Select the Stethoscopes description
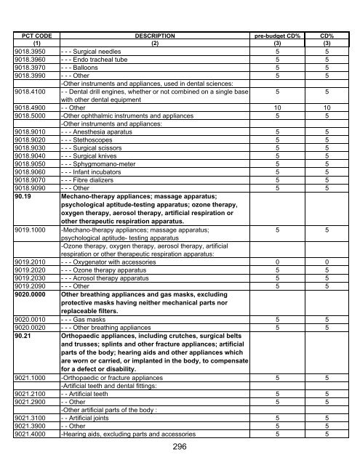tap(91, 140)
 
